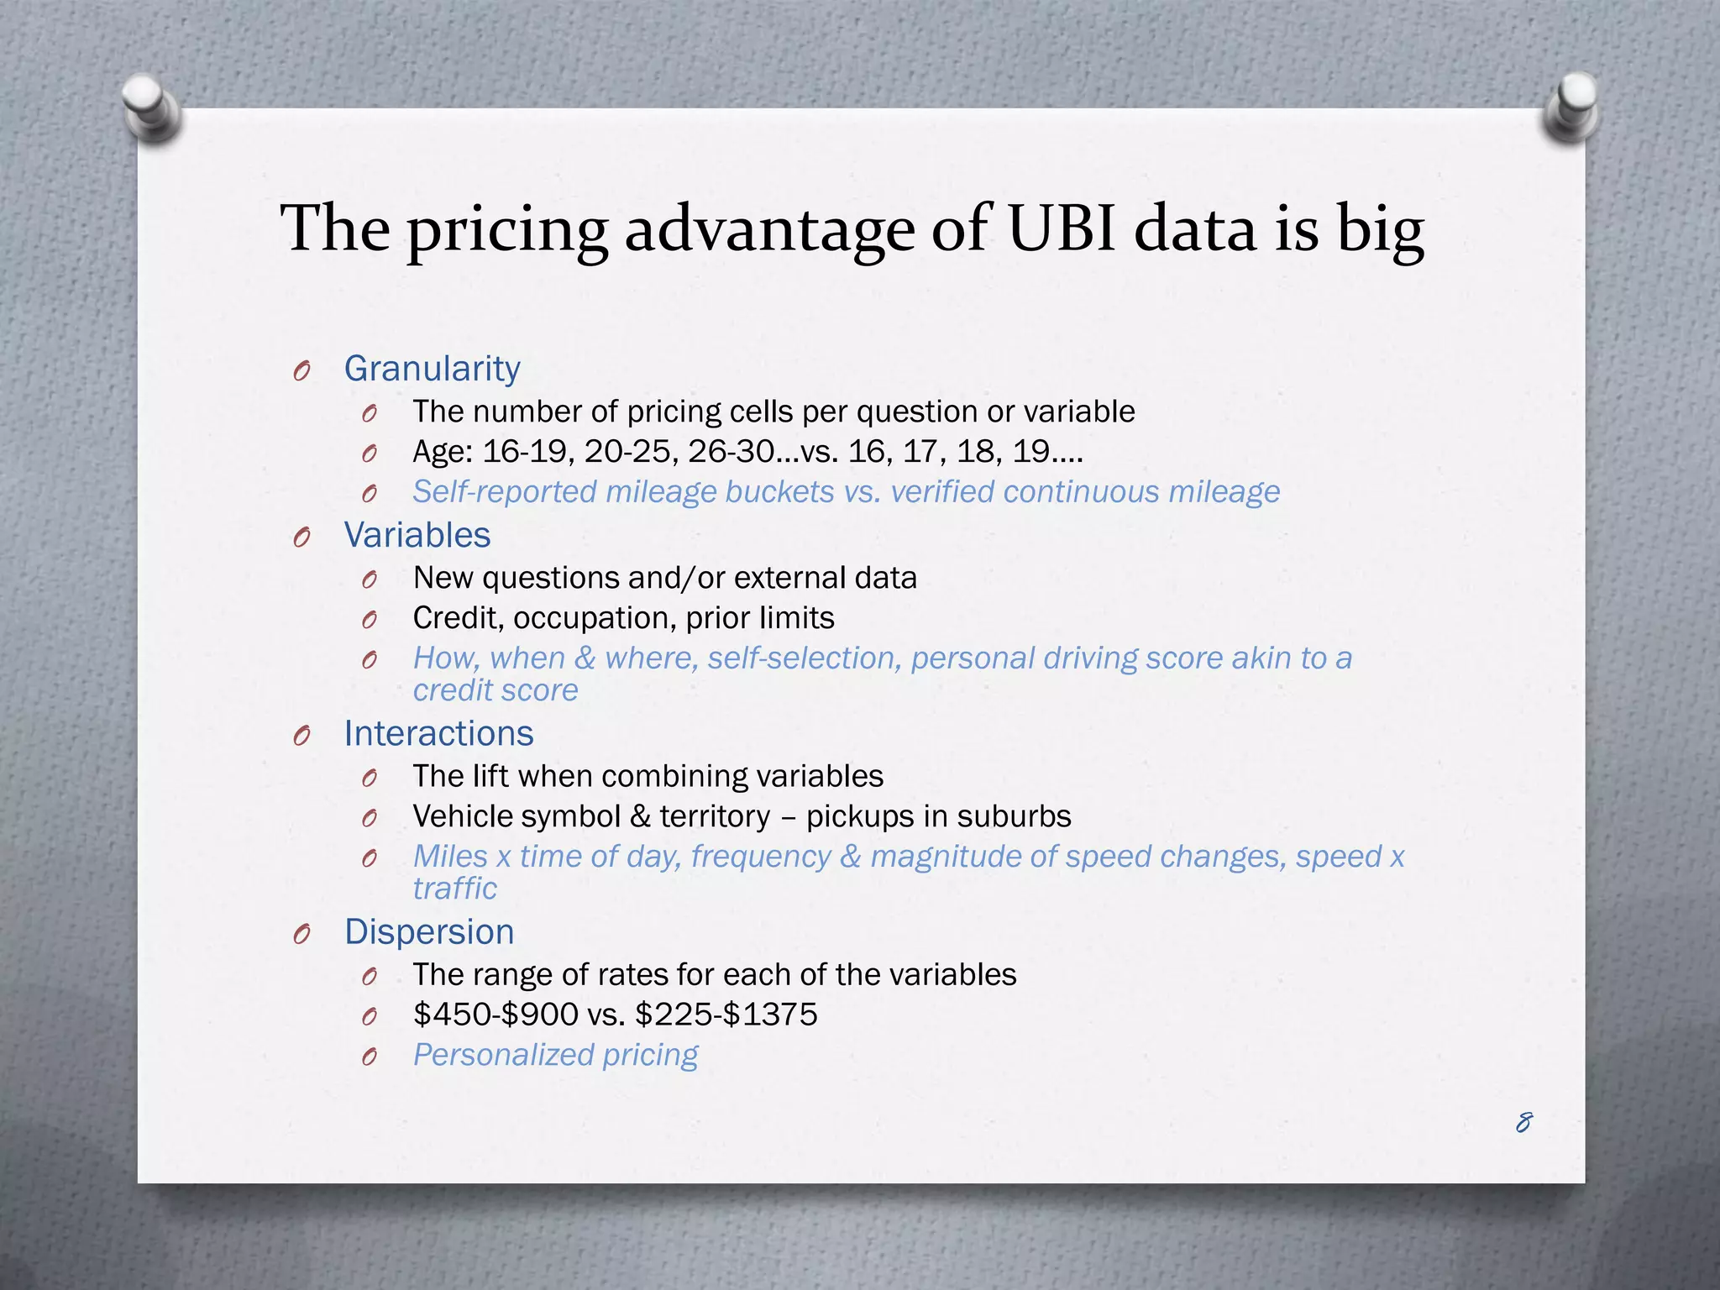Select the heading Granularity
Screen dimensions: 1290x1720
(x=432, y=370)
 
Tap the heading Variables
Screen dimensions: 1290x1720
(x=417, y=536)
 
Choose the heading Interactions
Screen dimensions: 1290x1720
(x=438, y=734)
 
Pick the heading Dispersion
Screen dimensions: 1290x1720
(x=429, y=932)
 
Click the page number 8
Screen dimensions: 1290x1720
(x=1523, y=1122)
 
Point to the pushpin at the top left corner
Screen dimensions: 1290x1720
(x=151, y=107)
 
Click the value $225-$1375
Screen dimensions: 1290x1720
(x=726, y=1015)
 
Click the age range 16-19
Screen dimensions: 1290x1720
(x=528, y=452)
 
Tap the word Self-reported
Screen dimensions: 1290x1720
(x=505, y=492)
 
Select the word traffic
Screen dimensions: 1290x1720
(x=454, y=889)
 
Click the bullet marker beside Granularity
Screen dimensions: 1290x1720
(x=302, y=370)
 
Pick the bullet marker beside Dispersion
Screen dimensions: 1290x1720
(x=302, y=934)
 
